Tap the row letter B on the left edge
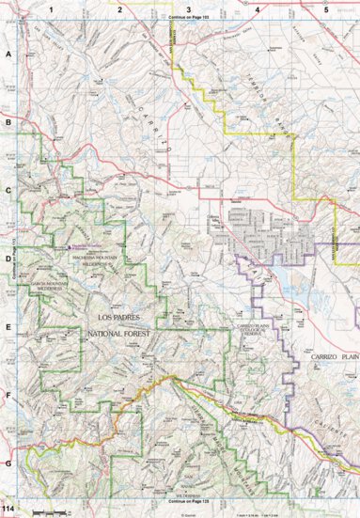(8, 123)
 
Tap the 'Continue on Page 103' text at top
(188, 18)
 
